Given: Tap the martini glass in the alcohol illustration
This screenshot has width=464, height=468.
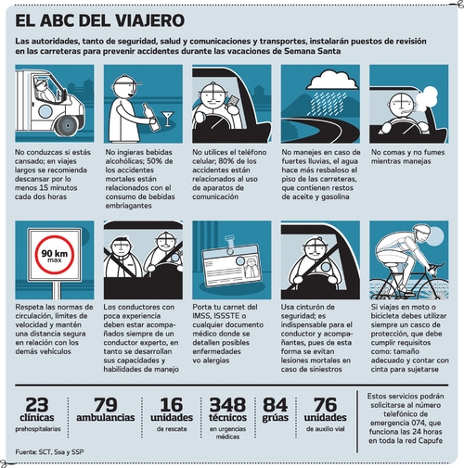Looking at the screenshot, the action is (x=168, y=119).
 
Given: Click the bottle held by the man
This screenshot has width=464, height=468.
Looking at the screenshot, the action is (x=151, y=117).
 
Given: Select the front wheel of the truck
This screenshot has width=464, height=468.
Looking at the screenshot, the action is (x=66, y=126).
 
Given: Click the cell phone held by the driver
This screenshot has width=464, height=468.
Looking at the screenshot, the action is (x=233, y=101).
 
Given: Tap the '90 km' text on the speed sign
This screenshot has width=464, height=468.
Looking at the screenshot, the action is (x=55, y=253).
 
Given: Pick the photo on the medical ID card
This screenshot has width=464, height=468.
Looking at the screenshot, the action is (x=250, y=268).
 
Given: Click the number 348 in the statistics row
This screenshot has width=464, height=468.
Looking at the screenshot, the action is (x=227, y=405).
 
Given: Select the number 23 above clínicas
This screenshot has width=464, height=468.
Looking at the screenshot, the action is (x=37, y=405).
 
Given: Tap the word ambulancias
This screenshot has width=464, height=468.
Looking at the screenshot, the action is (x=106, y=418).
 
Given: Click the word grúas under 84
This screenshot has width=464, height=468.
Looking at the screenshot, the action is (x=276, y=418).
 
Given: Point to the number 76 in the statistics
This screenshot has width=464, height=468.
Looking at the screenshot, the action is (x=325, y=405).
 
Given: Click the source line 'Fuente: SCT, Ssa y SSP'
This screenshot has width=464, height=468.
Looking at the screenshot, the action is (x=49, y=451).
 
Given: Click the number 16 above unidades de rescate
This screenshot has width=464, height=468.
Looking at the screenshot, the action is (x=172, y=405).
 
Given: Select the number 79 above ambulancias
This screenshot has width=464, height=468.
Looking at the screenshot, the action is (x=106, y=405).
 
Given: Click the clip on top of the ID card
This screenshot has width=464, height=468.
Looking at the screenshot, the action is (x=230, y=242).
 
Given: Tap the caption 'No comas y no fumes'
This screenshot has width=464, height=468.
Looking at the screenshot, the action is (x=407, y=152).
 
